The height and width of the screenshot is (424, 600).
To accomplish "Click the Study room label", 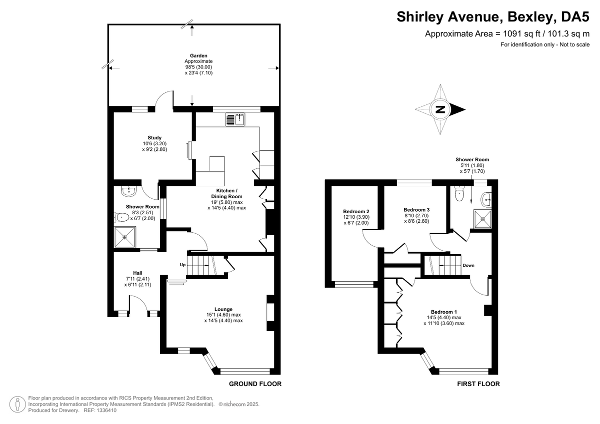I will [x=154, y=138].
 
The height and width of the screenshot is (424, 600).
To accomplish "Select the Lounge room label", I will [x=223, y=309].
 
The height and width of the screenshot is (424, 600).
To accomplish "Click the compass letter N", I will [x=439, y=110].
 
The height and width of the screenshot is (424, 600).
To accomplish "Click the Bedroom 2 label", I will [x=356, y=211].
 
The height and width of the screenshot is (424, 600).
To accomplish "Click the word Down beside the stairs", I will [x=468, y=265].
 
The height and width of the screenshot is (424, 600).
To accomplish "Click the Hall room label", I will [x=137, y=273].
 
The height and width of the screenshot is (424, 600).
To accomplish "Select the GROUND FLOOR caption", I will [x=255, y=384].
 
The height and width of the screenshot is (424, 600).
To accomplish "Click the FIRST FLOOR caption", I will [x=478, y=384].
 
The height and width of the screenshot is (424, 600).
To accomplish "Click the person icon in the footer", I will [x=18, y=404].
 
